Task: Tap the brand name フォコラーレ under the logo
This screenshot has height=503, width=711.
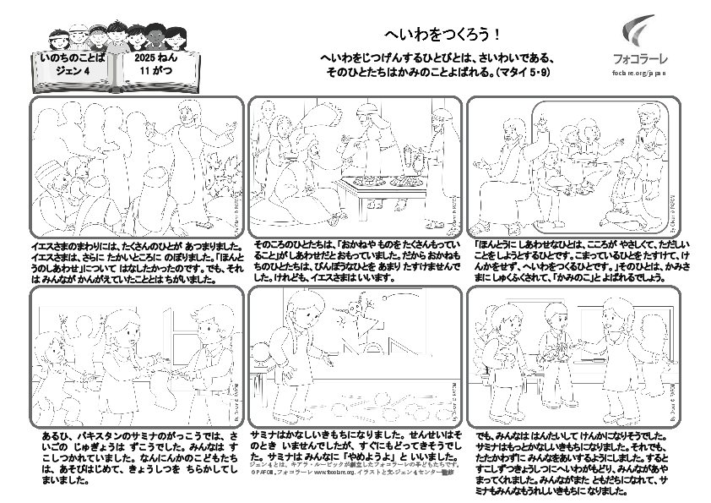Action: (639, 59)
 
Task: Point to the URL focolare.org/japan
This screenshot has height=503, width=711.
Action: (639, 74)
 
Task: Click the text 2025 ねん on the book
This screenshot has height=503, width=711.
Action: (155, 59)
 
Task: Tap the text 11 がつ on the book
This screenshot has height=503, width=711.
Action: (155, 73)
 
